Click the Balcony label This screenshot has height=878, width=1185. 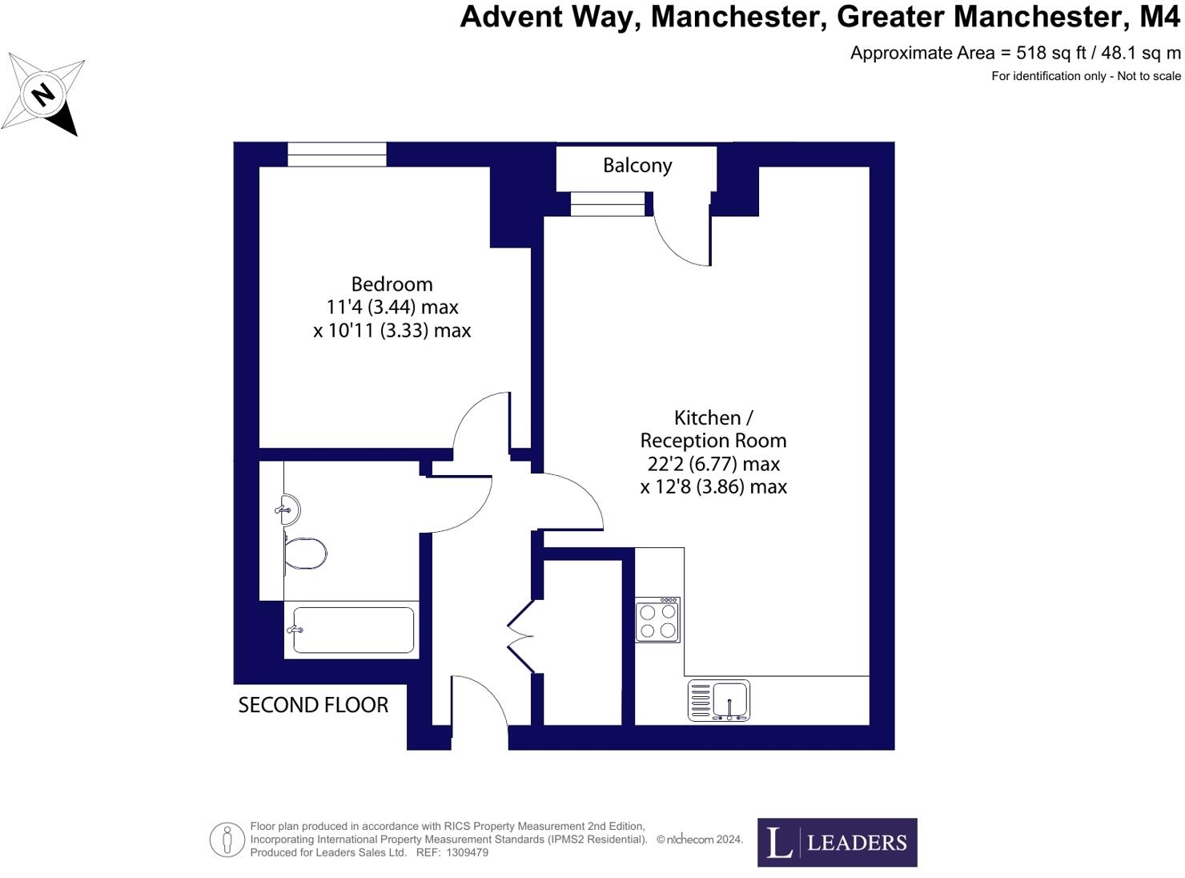[x=637, y=165]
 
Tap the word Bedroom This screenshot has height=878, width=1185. [x=392, y=284]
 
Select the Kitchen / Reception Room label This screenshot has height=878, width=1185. [x=713, y=429]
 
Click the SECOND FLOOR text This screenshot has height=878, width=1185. [x=313, y=705]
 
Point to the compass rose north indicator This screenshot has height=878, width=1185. [x=43, y=95]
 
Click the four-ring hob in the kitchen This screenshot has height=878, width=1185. [x=657, y=620]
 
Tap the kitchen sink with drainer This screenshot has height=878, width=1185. [x=719, y=700]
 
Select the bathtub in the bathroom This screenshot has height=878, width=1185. [x=352, y=630]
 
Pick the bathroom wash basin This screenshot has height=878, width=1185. [x=289, y=509]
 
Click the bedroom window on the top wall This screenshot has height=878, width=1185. [x=336, y=155]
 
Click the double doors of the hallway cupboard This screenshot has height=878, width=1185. [x=521, y=636]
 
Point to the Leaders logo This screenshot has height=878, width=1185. [x=837, y=842]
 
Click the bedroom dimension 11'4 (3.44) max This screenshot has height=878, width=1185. [x=392, y=307]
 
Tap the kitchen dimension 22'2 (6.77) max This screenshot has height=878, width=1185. [x=713, y=464]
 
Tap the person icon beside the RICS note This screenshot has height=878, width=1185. [x=227, y=840]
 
